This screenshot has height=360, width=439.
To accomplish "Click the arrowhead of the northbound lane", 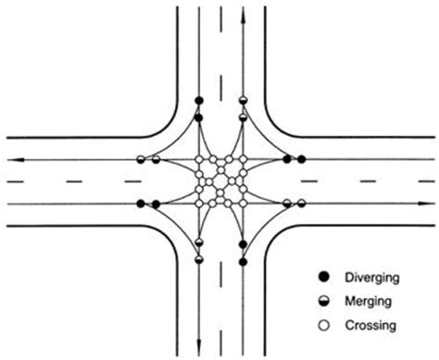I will click(x=243, y=16).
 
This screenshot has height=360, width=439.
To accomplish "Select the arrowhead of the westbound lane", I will click(x=13, y=160).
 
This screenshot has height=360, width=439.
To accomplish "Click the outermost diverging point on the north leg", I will click(x=198, y=100).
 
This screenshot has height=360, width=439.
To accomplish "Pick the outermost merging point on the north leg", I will click(x=243, y=100).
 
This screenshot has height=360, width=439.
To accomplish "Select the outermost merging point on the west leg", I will click(x=141, y=160).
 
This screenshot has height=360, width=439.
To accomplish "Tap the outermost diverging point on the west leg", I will click(x=141, y=204).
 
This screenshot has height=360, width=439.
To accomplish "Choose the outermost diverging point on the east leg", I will click(x=301, y=160).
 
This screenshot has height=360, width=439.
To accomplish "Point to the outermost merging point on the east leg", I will click(x=301, y=204).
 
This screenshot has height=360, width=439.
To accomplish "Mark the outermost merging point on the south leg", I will click(x=198, y=263).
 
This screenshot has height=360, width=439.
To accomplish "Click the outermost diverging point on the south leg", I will click(x=243, y=263).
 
